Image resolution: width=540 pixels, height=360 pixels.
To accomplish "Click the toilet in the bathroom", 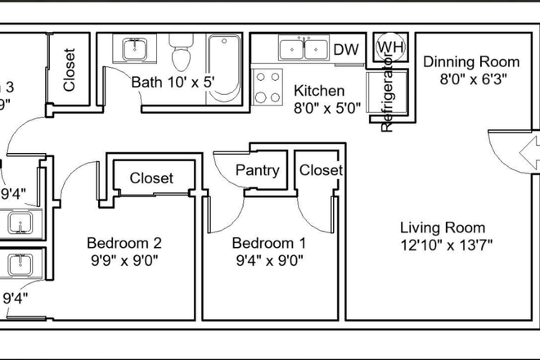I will pyautogui.click(x=180, y=54).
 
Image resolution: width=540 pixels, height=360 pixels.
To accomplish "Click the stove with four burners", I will pyautogui.click(x=267, y=87).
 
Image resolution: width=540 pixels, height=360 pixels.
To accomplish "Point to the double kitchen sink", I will pyautogui.click(x=304, y=49).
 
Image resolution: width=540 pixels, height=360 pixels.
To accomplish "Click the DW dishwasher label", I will pyautogui.click(x=346, y=49).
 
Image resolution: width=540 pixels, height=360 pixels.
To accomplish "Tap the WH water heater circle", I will pyautogui.click(x=390, y=47).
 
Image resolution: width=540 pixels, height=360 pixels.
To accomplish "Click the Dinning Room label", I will pyautogui.click(x=471, y=62).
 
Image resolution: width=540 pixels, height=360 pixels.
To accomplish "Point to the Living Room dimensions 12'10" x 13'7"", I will pyautogui.click(x=446, y=245).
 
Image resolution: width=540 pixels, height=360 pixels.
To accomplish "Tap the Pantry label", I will pyautogui.click(x=258, y=171).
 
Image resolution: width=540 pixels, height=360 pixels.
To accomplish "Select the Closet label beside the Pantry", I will pyautogui.click(x=321, y=170).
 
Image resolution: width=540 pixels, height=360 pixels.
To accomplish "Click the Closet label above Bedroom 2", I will pyautogui.click(x=151, y=178).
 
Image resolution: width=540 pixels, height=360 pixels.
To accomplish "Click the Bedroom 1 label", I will pyautogui.click(x=269, y=243).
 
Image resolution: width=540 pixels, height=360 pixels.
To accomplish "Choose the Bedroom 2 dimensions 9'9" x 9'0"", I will pyautogui.click(x=124, y=261).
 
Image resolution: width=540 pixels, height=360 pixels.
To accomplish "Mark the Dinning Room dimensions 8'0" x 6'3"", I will pyautogui.click(x=474, y=79).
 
